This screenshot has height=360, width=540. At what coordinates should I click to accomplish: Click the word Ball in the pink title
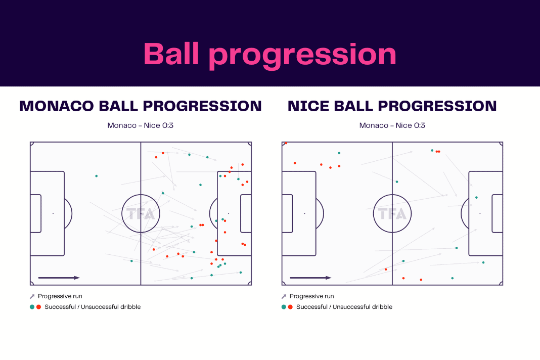coord(171,54)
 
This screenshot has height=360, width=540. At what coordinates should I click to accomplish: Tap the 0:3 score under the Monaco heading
coord(168,125)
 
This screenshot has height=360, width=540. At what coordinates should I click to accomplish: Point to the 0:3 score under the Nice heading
coord(420,125)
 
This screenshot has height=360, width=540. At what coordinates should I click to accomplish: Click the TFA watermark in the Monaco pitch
coord(141,214)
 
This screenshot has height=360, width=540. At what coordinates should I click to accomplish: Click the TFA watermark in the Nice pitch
coord(392,214)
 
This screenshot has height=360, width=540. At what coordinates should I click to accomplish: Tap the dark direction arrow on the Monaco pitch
coord(59,278)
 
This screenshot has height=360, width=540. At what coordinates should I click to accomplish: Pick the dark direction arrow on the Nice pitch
coord(310,278)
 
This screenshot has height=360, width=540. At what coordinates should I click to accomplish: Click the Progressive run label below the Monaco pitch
coord(60,296)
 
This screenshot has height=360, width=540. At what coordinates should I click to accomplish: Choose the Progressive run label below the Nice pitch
coord(311,296)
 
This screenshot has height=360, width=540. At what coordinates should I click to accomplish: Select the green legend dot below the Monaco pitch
coord(32,307)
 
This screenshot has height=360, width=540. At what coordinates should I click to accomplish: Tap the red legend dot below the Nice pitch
coord(290,307)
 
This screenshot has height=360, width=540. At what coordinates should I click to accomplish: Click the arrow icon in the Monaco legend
coord(32,296)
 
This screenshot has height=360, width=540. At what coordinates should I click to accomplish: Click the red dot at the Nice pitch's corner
coord(286,143)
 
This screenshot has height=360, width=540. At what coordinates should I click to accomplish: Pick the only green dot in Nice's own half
coord(339,153)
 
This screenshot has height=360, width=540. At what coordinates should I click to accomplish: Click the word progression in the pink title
coord(303,55)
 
